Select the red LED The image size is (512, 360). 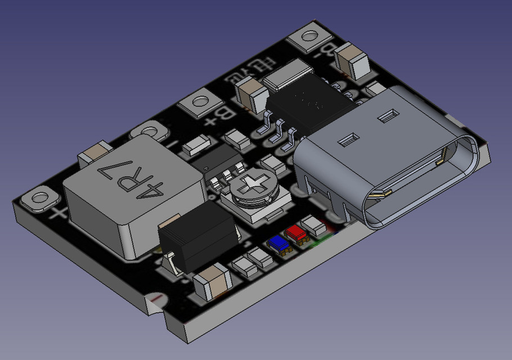(x=295, y=232)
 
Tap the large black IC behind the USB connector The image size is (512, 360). (x=311, y=104)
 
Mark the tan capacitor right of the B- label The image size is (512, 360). (x=352, y=61)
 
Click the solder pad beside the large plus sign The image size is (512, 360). (x=39, y=199)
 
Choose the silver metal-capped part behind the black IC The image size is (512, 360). (x=289, y=77)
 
